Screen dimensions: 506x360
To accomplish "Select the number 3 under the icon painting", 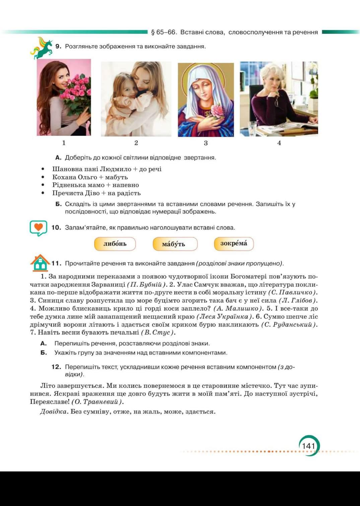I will pyautogui.click(x=206, y=143).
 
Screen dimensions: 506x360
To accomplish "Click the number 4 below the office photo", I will pyautogui.click(x=279, y=143).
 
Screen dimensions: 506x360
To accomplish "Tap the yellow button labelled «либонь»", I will pyautogui.click(x=115, y=244).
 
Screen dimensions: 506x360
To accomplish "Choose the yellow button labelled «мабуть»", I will pyautogui.click(x=175, y=244).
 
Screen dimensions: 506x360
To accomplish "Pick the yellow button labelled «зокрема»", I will pyautogui.click(x=234, y=244).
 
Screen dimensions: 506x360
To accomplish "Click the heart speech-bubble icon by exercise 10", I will pyautogui.click(x=38, y=228).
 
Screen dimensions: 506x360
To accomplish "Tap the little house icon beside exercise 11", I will pyautogui.click(x=40, y=263).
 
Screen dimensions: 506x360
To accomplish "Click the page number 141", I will pyautogui.click(x=308, y=446).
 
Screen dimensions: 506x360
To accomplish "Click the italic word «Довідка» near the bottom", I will pyautogui.click(x=53, y=412).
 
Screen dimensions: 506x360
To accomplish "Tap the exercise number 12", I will pyautogui.click(x=56, y=367).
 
